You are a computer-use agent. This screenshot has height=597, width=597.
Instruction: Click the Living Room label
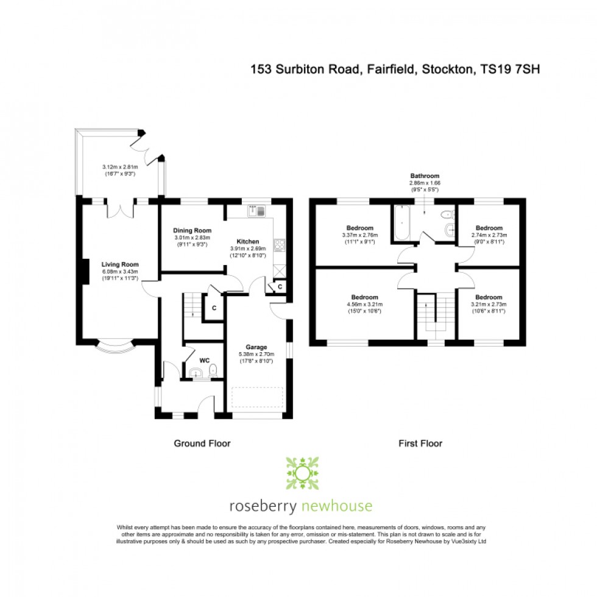coord(121,264)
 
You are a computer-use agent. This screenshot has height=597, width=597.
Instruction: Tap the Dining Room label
coord(193,230)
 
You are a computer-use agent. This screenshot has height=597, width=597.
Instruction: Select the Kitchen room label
coord(248,241)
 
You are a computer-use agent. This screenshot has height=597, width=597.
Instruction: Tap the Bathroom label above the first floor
coord(425,176)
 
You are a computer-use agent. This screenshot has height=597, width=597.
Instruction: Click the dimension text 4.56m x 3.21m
coord(364,304)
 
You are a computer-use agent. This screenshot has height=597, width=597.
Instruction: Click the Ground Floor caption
coord(202,443)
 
